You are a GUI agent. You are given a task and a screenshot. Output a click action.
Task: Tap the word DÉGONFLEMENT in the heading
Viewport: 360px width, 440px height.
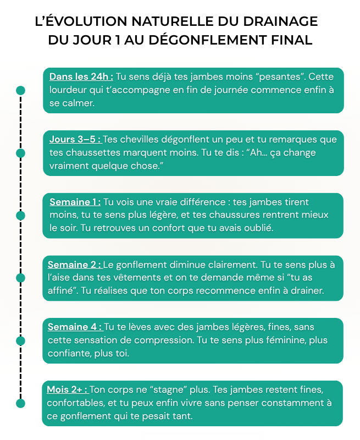pyautogui.click(x=207, y=40)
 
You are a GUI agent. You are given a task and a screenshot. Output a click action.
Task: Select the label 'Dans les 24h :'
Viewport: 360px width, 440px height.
pyautogui.click(x=81, y=76)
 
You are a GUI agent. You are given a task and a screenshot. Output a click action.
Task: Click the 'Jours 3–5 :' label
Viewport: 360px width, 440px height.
pyautogui.click(x=76, y=139)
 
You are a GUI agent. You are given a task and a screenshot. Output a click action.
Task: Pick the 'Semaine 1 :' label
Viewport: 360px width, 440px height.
pyautogui.click(x=75, y=202)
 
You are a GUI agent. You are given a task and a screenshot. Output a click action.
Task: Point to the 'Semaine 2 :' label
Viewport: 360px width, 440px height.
pyautogui.click(x=75, y=265)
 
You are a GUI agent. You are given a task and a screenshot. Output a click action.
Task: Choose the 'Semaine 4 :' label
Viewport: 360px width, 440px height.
pyautogui.click(x=75, y=327)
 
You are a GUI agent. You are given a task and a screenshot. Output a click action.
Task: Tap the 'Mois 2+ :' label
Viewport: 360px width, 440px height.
pyautogui.click(x=68, y=389)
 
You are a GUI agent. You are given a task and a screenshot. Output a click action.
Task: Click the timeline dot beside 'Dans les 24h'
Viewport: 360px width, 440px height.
pyautogui.click(x=20, y=90)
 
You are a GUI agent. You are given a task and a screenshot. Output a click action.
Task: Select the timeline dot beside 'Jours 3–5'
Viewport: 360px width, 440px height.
pyautogui.click(x=20, y=153)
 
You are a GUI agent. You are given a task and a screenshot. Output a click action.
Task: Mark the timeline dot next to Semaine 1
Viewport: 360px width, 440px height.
pyautogui.click(x=20, y=216)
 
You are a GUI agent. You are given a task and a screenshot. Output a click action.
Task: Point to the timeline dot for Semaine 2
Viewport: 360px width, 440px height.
pyautogui.click(x=20, y=278)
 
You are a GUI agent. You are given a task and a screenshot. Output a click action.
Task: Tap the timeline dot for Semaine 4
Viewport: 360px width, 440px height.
pyautogui.click(x=20, y=341)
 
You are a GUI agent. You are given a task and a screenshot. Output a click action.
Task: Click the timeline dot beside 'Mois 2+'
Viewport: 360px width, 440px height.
pyautogui.click(x=20, y=403)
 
